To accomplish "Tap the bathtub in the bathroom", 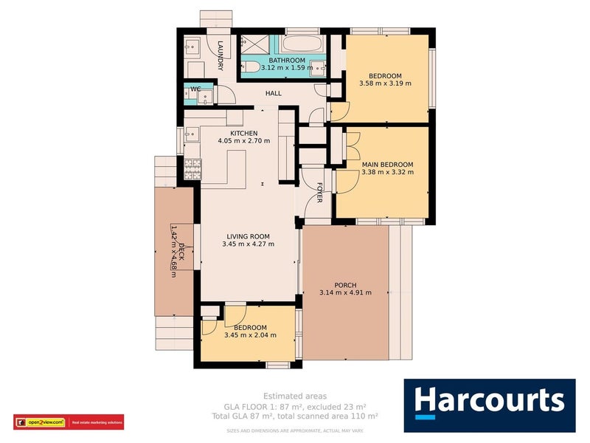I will point(302,44).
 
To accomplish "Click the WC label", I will point(195,89).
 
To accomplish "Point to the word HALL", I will point(274,94).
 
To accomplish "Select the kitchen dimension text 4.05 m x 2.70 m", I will point(243,141).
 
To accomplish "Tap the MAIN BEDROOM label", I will point(387,164).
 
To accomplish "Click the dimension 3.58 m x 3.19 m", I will point(385,83).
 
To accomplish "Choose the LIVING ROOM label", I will point(249,236).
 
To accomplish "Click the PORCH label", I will point(345,285).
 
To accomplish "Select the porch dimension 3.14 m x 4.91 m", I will point(345,293).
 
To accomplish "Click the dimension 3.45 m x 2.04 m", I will point(250,335).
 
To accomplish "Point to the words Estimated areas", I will point(294,396).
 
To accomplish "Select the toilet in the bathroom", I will point(251,68).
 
